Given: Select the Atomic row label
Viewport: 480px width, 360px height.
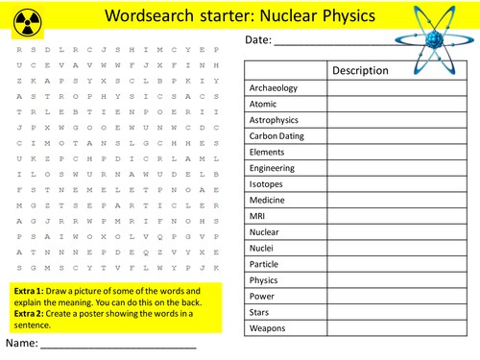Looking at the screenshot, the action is click(263, 105).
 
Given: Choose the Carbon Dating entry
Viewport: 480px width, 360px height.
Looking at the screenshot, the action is click(278, 136).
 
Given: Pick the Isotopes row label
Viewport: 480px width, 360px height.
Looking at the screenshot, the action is click(267, 183).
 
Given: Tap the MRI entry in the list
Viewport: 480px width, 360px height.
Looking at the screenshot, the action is click(257, 216).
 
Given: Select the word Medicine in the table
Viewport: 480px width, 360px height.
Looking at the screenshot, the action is click(269, 200).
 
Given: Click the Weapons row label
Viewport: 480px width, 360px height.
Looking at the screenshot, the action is click(269, 327).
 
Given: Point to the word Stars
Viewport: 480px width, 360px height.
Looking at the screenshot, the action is click(261, 312).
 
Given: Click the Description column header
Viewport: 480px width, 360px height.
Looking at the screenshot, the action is click(360, 71).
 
